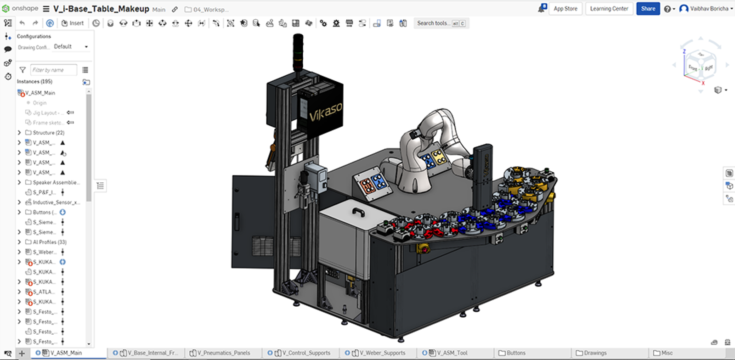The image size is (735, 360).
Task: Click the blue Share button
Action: click(x=648, y=9)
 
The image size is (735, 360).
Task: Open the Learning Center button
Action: click(x=609, y=9)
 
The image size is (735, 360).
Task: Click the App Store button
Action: click(x=565, y=9)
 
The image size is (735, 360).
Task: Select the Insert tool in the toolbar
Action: click(x=73, y=23)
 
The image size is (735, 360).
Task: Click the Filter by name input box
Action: click(x=53, y=70)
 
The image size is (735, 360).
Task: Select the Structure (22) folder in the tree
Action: click(x=48, y=133)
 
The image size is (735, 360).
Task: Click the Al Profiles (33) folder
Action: click(x=49, y=242)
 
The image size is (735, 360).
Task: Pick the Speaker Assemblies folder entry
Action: click(x=56, y=182)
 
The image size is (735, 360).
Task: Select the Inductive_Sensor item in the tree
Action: click(x=56, y=202)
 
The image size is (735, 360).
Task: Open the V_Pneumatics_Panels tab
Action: click(x=223, y=353)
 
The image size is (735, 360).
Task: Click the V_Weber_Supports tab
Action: click(x=382, y=353)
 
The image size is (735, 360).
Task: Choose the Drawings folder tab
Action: click(x=595, y=353)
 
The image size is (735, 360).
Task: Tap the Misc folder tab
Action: click(x=667, y=353)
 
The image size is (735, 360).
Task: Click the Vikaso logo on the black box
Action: click(x=325, y=112)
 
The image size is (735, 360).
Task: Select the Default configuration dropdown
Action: click(x=71, y=46)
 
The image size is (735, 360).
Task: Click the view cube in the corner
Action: click(x=700, y=67)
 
